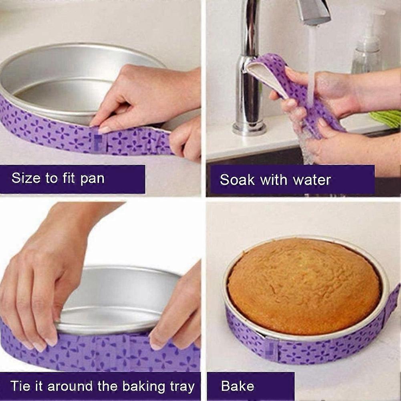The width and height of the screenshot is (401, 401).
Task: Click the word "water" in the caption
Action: (312, 180)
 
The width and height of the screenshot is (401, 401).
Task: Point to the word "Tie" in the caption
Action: (20, 386)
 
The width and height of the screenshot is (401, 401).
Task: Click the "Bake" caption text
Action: (238, 386)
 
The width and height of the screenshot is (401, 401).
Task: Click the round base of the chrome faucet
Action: (249, 128)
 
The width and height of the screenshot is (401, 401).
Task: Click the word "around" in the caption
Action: (64, 387)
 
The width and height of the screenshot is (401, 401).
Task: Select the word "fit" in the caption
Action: (70, 178)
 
